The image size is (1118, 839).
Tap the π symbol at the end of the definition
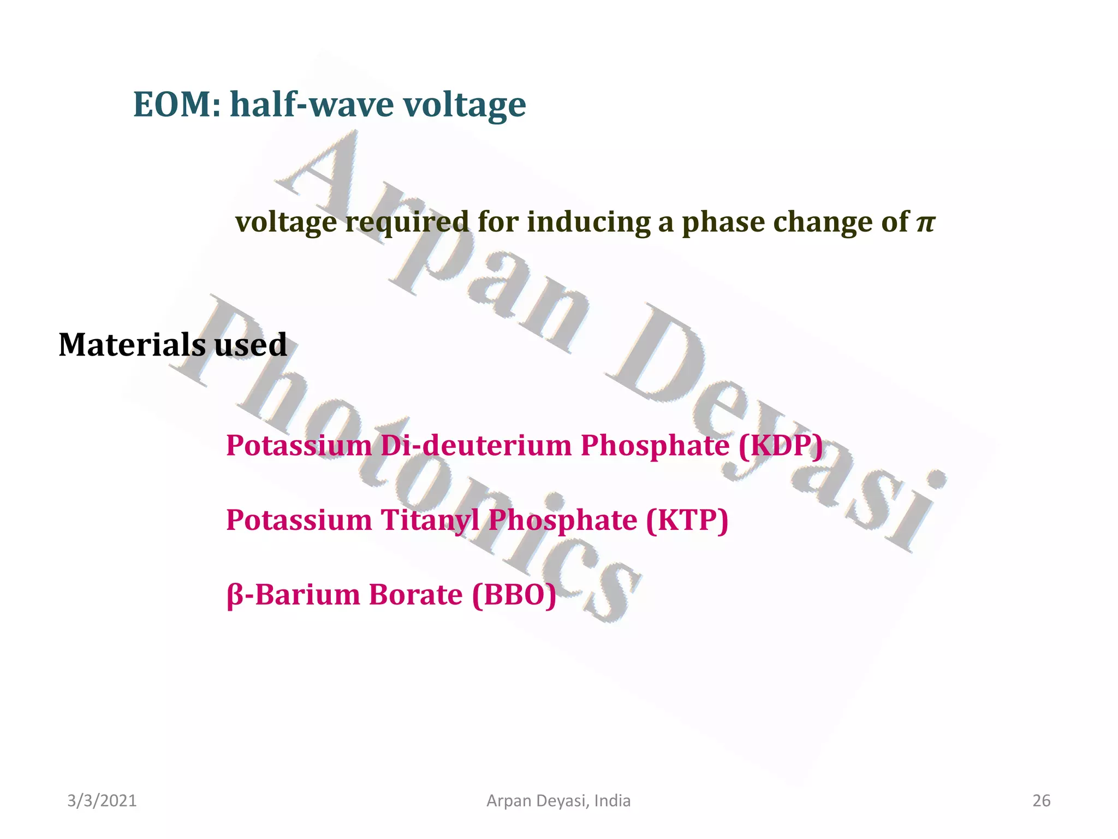925,222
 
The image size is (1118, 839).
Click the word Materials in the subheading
132,345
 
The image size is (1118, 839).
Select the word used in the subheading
251,345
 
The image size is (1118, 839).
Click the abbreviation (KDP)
780,445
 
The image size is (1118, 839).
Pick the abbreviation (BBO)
514,594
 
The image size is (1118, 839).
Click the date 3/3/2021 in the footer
102,801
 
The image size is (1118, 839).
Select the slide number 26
1042,801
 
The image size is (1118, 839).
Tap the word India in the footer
612,801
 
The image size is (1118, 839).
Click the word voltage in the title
465,104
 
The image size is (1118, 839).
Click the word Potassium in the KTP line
299,519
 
